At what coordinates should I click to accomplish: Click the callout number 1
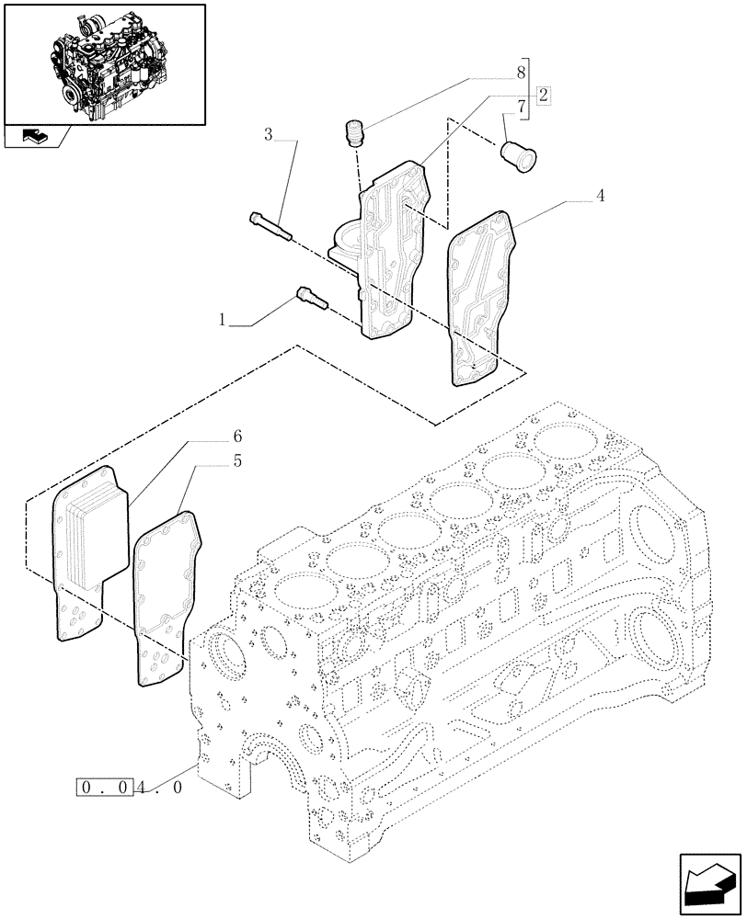coord(222,321)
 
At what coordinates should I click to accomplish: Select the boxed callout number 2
coord(544,95)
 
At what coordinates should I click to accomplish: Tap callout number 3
coord(269,135)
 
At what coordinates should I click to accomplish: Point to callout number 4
coord(600,195)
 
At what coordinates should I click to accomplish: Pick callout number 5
coord(237,461)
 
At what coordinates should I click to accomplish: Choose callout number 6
coord(236,435)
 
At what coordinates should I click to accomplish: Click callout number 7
coord(522,108)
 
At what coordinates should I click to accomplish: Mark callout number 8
coord(521,71)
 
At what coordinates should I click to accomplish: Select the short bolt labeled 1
coord(308,299)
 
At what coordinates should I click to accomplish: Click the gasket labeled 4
coord(478,294)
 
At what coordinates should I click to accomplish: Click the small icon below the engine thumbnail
coord(33,137)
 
